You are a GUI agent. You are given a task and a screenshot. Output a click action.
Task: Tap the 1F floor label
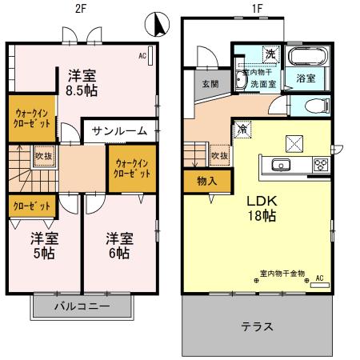click(x=257, y=9)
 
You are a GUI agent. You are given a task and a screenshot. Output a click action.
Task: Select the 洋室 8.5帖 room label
click(x=82, y=82)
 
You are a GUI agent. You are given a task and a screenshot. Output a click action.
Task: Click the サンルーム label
click(x=120, y=130)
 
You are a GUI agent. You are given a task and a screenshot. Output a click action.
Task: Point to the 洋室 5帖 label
click(x=43, y=245)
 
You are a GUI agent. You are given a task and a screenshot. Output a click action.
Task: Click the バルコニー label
click(x=82, y=306)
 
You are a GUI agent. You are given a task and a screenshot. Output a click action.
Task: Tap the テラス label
click(x=258, y=326)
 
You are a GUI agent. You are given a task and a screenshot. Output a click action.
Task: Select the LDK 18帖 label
click(x=261, y=206)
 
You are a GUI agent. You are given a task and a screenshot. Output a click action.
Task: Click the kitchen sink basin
click(x=282, y=166)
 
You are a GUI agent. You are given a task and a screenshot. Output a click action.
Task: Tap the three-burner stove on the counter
click(x=320, y=166)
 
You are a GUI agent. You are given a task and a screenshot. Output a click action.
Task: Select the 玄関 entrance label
click(x=210, y=83)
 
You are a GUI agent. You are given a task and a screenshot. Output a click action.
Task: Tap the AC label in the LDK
click(x=320, y=278)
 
